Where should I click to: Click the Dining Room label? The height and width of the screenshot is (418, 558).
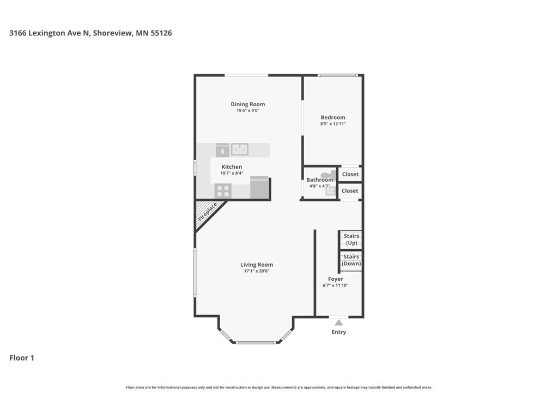tap(247, 104)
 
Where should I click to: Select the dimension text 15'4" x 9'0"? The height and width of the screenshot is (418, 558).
tap(247, 111)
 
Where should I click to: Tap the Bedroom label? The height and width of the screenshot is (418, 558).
tap(332, 117)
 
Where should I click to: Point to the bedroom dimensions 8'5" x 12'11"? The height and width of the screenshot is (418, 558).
tap(332, 124)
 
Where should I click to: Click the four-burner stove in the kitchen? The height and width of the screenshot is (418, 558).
tap(223, 190)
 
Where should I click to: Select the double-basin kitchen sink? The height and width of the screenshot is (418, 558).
tap(239, 149)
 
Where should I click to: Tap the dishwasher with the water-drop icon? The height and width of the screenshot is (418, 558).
tap(222, 150)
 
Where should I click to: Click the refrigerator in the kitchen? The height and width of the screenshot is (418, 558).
tap(259, 188)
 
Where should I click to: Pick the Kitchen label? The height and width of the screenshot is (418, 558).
tap(232, 167)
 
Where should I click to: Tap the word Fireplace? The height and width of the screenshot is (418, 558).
tap(208, 211)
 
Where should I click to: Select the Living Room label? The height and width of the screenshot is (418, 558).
tap(257, 265)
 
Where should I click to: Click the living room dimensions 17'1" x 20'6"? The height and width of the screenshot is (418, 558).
tap(257, 271)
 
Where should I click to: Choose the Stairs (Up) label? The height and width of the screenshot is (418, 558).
tap(351, 239)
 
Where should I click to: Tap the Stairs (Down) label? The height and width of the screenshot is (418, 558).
tap(351, 260)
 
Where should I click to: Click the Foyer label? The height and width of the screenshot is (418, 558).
tap(336, 279)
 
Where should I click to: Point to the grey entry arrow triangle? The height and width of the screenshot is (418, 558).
tap(339, 322)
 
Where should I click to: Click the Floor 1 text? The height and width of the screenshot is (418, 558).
tap(22, 358)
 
